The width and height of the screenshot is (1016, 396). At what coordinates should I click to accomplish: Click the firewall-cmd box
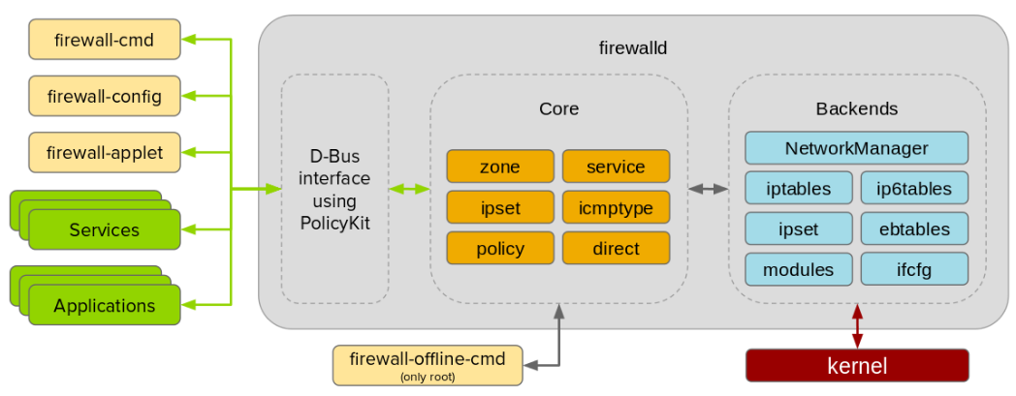point(105,40)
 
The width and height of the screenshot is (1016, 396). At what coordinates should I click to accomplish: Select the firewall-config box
point(105,96)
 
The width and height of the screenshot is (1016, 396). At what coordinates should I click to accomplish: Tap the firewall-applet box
point(105,152)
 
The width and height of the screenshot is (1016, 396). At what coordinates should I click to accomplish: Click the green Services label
point(105,230)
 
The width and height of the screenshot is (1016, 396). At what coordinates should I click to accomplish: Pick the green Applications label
point(105,306)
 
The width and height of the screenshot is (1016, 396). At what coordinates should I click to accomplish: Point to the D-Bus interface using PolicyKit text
point(334,189)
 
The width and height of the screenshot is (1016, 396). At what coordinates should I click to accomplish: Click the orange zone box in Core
point(499,167)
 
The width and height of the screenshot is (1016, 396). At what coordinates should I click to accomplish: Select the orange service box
point(616,167)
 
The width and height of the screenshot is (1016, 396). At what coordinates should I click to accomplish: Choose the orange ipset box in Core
point(499,207)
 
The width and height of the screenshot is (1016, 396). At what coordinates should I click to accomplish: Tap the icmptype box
point(616,207)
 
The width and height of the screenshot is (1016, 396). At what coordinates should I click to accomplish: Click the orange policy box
point(499,249)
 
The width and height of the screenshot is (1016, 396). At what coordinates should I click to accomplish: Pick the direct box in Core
point(616,249)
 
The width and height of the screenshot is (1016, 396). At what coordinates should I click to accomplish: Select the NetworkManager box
point(856,148)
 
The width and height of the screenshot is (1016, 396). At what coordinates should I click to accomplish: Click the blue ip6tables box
point(914,189)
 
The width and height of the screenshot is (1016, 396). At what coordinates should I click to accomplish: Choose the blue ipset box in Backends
point(798,229)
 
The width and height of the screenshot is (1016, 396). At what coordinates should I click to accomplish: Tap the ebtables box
point(914,229)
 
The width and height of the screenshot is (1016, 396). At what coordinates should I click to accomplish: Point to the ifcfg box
point(914,269)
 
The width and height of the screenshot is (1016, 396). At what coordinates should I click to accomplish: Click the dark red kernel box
point(856,366)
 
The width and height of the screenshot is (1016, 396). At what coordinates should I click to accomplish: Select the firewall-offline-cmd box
point(427,364)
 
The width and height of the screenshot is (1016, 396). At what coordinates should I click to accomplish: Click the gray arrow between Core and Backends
point(708,189)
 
